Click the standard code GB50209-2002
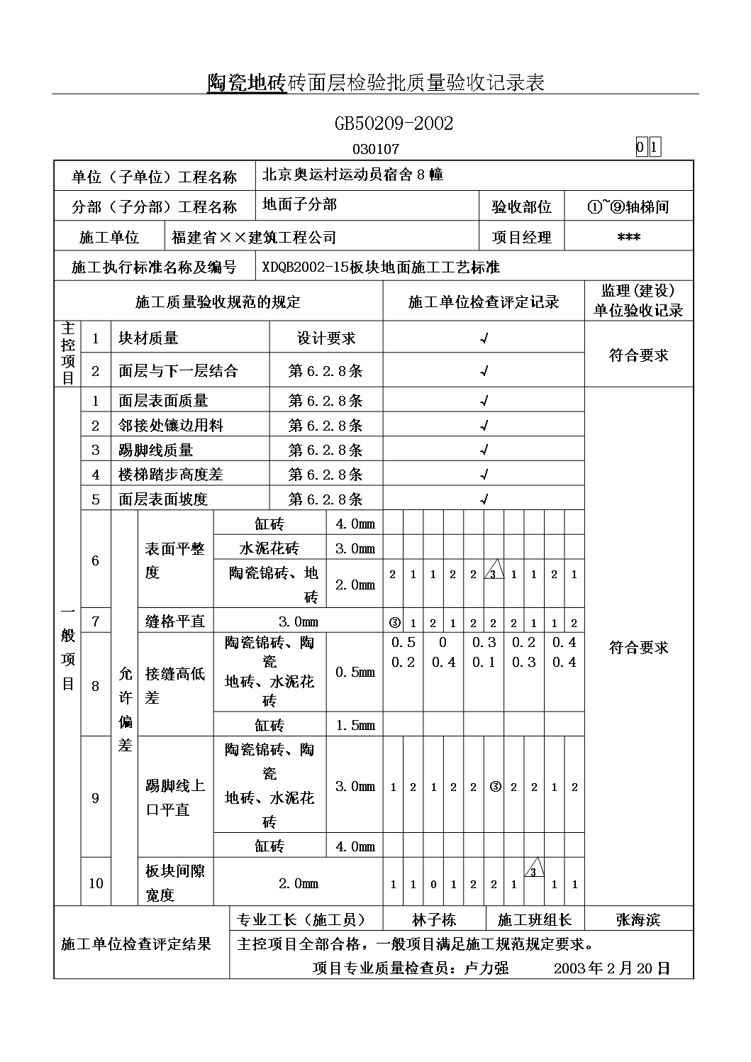394,123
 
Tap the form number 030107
376,149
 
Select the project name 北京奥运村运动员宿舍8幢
352,175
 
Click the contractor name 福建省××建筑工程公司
254,237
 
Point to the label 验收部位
521,207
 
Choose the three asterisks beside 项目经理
629,238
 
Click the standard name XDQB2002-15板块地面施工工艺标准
381,267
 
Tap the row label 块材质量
148,338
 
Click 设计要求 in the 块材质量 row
326,338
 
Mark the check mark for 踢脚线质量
484,450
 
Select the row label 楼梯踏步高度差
170,475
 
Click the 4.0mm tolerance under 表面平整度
355,524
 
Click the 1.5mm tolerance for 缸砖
355,725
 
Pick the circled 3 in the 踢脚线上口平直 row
495,787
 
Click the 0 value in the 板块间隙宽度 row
433,885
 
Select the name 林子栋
434,920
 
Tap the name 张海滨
638,920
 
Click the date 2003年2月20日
611,968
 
